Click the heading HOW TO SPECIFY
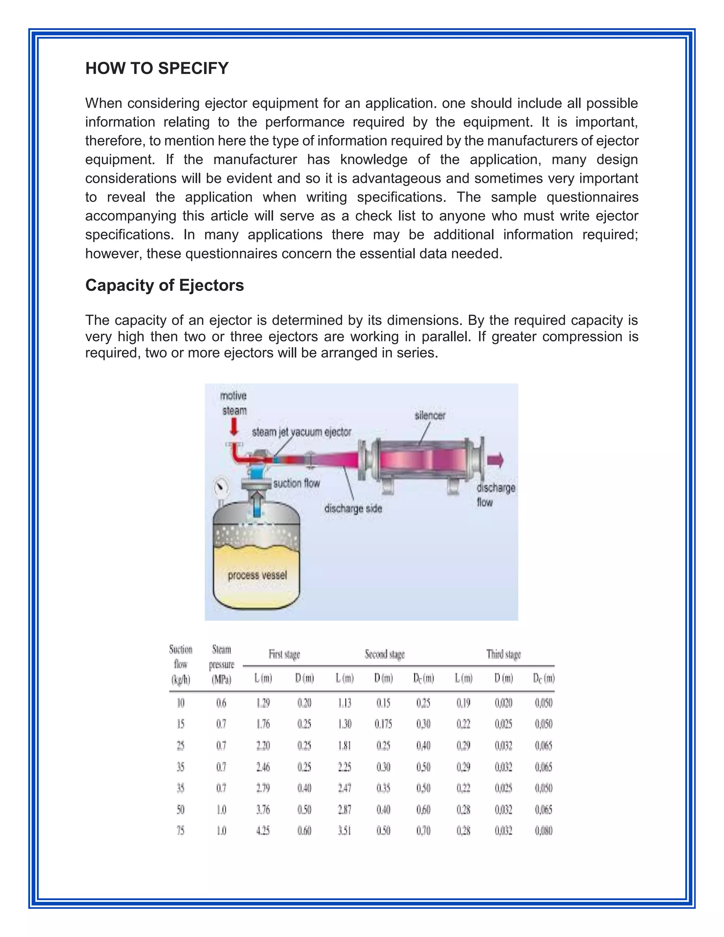tap(157, 68)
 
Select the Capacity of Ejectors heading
tap(164, 285)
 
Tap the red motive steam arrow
tap(234, 427)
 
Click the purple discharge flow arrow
tap(495, 460)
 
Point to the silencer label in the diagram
tap(430, 415)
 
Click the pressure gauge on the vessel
tap(221, 487)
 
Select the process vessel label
tap(257, 575)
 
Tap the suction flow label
tap(296, 483)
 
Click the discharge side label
tap(353, 508)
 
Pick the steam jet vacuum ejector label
tap(302, 432)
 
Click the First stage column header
tap(284, 654)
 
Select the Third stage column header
tap(503, 654)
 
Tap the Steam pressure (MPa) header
tap(221, 664)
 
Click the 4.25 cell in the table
tap(263, 831)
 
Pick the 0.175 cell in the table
tap(383, 724)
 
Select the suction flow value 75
tap(181, 831)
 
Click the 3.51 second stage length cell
tap(344, 831)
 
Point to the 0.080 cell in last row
tap(543, 831)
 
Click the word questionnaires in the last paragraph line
tap(233, 254)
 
